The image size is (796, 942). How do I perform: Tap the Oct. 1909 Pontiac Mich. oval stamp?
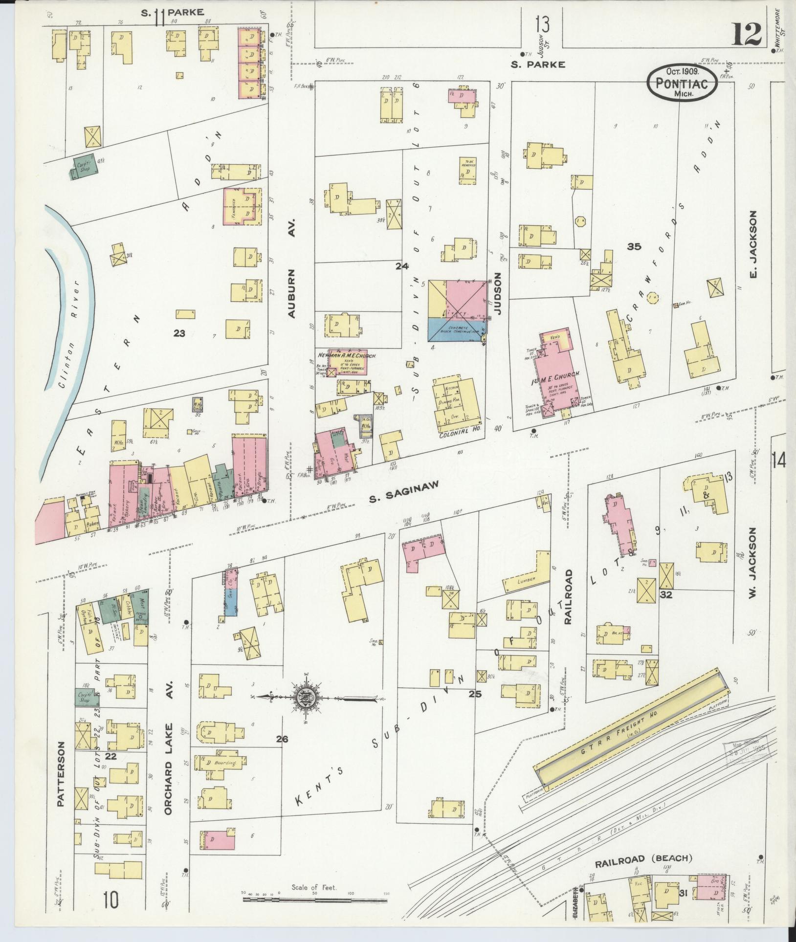click(683, 84)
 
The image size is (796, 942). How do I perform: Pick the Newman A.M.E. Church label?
click(346, 356)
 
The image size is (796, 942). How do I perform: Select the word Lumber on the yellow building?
click(526, 580)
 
